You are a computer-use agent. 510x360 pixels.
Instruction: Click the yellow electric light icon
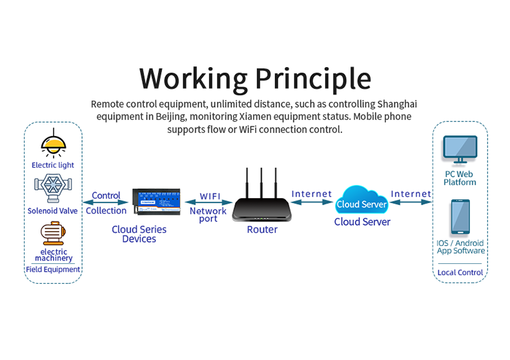[53, 144]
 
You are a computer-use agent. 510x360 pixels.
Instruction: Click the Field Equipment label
[53, 269]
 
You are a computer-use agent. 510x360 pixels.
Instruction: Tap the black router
[261, 208]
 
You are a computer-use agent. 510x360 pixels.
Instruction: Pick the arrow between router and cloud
[312, 202]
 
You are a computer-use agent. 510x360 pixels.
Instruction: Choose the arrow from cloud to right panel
[411, 202]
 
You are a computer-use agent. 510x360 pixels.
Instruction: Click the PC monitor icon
[460, 150]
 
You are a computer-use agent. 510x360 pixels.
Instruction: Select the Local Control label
[460, 272]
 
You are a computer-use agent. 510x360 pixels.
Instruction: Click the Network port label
[208, 215]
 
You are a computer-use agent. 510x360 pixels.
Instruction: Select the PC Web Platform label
[460, 178]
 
